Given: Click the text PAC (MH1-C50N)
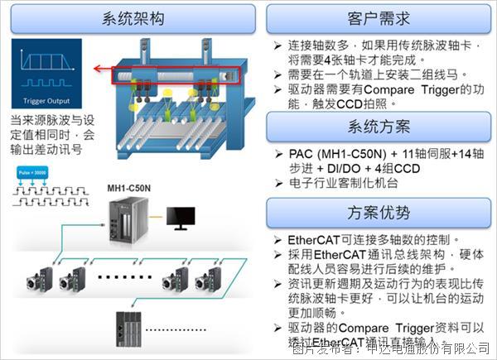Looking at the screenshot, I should [327, 153].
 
